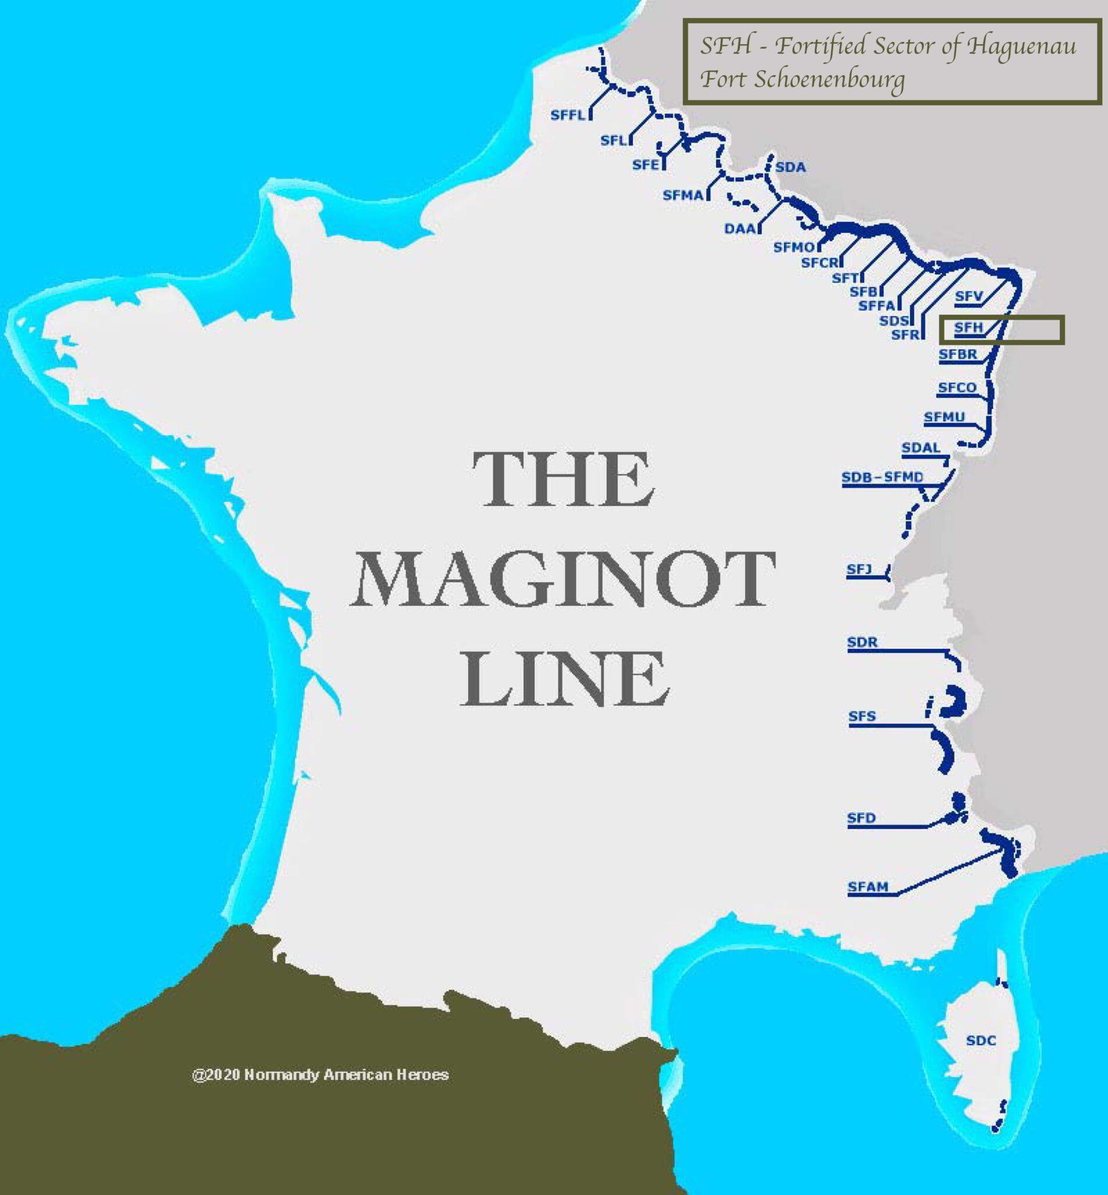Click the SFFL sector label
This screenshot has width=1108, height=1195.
[567, 114]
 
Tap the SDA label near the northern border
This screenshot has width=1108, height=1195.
[790, 167]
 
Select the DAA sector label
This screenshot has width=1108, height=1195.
[739, 229]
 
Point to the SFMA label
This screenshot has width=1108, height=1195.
[682, 195]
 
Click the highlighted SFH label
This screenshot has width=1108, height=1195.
[968, 327]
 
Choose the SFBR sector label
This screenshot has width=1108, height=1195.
[958, 355]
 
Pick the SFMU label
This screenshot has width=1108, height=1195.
[944, 417]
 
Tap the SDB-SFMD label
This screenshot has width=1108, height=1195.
[882, 477]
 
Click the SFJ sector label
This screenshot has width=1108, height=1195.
[858, 569]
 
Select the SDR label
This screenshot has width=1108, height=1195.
[862, 642]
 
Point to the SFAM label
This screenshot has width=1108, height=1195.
[868, 887]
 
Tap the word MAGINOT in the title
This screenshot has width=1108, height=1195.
[562, 580]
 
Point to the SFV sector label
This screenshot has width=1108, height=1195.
[969, 296]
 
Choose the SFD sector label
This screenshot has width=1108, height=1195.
[861, 817]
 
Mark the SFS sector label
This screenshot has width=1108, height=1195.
[861, 716]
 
